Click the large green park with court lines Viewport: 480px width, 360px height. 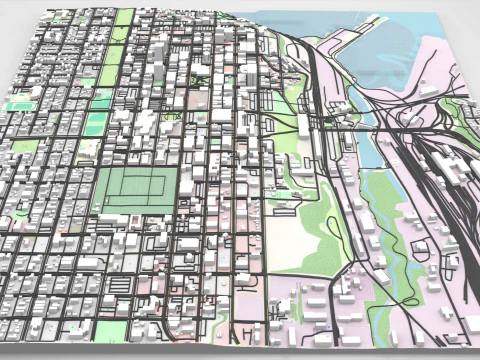click(135, 189)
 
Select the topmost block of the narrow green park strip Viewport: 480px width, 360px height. click(125, 17)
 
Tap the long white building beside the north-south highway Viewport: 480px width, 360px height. click(301, 130)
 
